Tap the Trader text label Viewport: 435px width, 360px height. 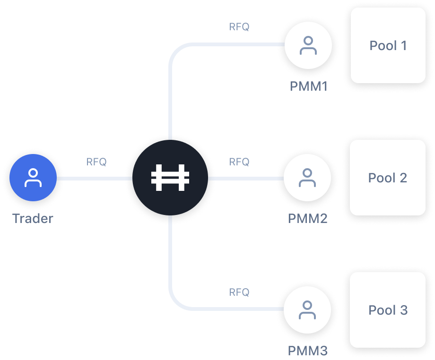tap(33, 219)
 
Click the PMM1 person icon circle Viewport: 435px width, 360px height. tap(308, 45)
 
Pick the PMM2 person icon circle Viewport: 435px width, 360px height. tap(308, 179)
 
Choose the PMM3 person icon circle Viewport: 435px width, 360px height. tap(308, 310)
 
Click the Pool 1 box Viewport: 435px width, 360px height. tap(388, 45)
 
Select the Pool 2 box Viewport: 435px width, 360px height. tap(388, 178)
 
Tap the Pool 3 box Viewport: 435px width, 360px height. tap(388, 310)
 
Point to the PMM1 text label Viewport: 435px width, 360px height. tap(308, 86)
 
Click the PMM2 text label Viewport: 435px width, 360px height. tap(307, 219)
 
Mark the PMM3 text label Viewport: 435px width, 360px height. tap(307, 351)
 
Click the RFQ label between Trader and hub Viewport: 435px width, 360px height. tap(96, 162)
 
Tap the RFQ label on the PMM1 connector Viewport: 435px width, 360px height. tap(239, 27)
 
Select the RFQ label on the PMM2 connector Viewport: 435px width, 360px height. tap(239, 162)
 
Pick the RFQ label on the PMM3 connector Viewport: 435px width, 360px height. tap(239, 292)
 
